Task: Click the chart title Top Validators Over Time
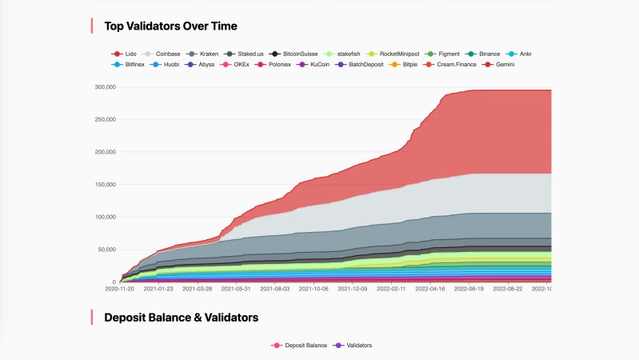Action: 170,26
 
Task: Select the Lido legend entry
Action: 126,54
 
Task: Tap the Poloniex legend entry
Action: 279,64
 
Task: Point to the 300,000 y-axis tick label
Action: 106,87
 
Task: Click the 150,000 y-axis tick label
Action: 106,185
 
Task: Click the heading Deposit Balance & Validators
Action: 181,318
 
